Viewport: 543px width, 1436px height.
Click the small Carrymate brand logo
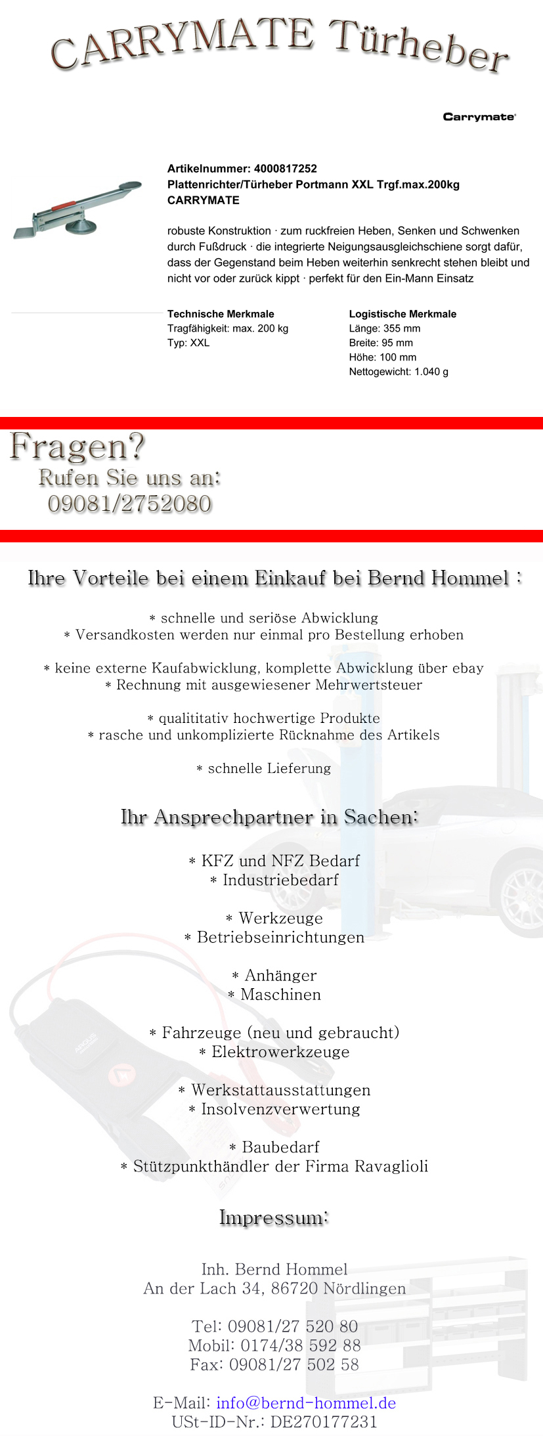click(479, 117)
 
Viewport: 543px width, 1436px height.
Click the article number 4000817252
click(285, 169)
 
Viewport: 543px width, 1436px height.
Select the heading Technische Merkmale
click(221, 314)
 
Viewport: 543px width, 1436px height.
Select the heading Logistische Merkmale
click(402, 314)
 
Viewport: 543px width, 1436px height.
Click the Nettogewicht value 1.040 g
click(431, 372)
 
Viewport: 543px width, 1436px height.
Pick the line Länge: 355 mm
click(385, 328)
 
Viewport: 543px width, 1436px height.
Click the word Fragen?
click(77, 447)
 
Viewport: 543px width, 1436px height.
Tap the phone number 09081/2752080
click(130, 504)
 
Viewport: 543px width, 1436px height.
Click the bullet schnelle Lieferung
click(269, 768)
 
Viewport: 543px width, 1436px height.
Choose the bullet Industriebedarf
click(280, 880)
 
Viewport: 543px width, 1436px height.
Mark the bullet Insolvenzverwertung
click(280, 1109)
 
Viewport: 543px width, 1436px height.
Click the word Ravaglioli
click(391, 1166)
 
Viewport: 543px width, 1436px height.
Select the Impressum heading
click(274, 1217)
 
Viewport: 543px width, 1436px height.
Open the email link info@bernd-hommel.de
click(306, 1403)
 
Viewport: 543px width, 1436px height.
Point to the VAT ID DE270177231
click(324, 1422)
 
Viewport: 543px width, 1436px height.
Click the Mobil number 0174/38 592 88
click(301, 1345)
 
